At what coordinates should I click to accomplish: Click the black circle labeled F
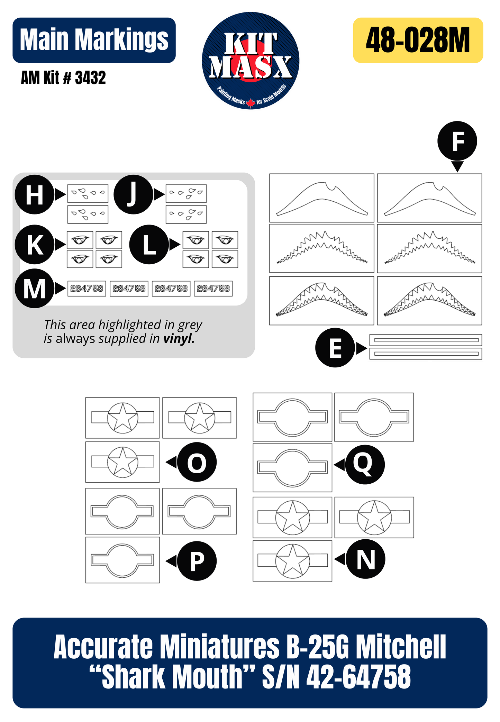tap(457, 141)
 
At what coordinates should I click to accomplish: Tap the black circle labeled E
tap(335, 348)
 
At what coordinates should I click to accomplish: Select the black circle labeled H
tap(35, 194)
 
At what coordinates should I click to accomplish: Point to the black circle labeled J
tap(133, 194)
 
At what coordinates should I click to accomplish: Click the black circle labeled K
tap(35, 245)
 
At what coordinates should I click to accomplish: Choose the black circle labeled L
tap(149, 245)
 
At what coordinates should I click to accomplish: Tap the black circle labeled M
tap(35, 288)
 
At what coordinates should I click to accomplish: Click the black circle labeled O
tap(197, 462)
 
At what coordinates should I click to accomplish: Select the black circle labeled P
tap(197, 561)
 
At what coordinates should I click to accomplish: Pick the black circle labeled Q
tap(365, 465)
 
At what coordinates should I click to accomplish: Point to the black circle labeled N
tap(365, 559)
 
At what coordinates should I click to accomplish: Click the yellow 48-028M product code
tap(418, 40)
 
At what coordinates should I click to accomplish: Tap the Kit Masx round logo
tap(251, 61)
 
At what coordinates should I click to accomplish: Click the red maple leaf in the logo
tap(251, 103)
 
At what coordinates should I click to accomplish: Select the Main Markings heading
tap(94, 40)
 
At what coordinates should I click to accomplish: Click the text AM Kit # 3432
tap(63, 77)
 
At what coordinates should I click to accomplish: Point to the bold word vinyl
tap(179, 338)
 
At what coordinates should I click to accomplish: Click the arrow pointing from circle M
tap(61, 288)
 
